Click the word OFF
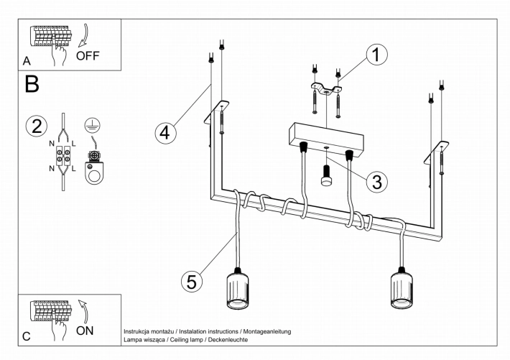click(x=88, y=56)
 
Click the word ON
click(x=85, y=331)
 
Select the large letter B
click(x=32, y=84)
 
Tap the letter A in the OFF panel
click(x=27, y=61)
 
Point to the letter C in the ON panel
click(x=27, y=336)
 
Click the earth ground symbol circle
click(x=93, y=126)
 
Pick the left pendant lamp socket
click(x=238, y=288)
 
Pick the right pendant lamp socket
click(x=402, y=287)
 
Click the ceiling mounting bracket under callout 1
click(x=326, y=89)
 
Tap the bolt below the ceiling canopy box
click(x=326, y=176)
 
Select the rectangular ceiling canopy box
click(x=326, y=139)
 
